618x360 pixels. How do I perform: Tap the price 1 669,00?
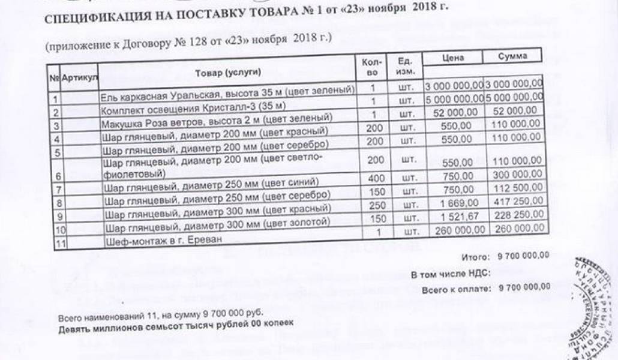(461, 203)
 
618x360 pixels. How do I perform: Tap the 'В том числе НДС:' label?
(450, 274)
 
